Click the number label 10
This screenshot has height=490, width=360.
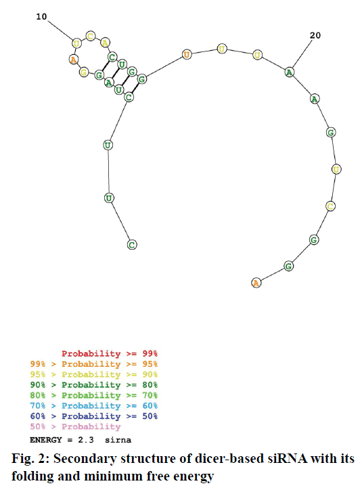click(x=41, y=16)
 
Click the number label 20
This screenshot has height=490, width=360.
click(x=315, y=35)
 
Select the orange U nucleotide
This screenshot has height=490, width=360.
click(x=187, y=55)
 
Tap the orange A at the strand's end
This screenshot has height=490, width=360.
click(x=256, y=283)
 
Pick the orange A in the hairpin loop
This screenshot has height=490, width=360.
click(x=74, y=59)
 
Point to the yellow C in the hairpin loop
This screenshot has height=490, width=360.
click(x=90, y=37)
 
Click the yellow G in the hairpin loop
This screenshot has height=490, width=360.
click(x=83, y=72)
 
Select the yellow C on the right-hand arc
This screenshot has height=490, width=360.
click(x=330, y=206)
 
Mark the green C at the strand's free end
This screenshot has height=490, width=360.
click(x=132, y=245)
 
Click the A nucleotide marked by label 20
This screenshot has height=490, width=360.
click(x=290, y=72)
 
